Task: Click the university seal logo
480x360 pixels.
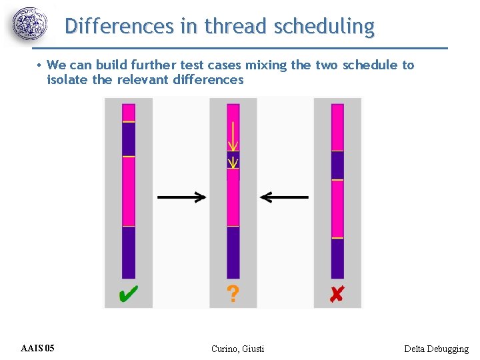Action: click(31, 25)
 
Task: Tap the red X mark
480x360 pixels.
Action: click(337, 294)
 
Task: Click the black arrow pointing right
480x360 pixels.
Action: click(181, 197)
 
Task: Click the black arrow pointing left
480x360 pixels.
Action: click(285, 197)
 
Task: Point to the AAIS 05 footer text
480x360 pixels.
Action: click(38, 349)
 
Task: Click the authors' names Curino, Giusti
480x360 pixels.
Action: click(237, 349)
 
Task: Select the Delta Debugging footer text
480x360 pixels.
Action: click(436, 349)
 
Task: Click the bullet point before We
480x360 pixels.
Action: click(40, 65)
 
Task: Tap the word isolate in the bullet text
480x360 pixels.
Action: click(68, 80)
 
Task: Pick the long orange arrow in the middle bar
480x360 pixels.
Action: click(232, 137)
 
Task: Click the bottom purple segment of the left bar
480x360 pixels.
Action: click(129, 252)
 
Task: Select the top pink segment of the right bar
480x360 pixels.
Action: click(337, 127)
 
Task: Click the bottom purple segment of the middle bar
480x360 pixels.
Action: click(233, 252)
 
